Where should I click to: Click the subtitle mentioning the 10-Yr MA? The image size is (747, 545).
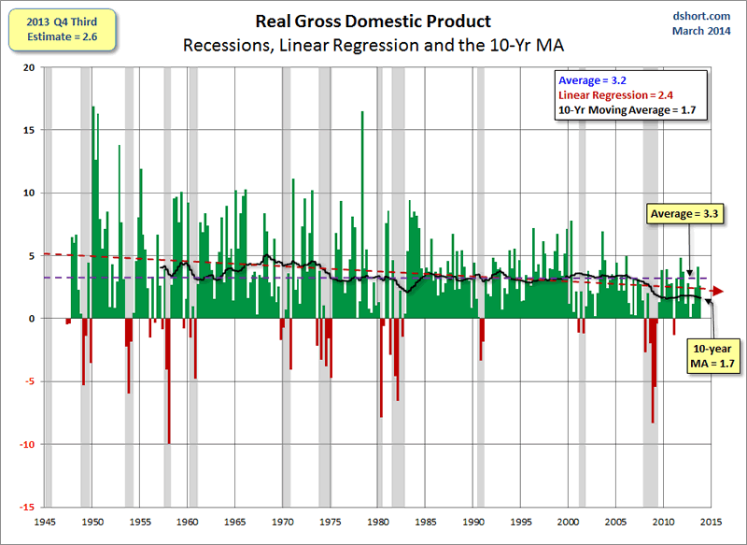373,45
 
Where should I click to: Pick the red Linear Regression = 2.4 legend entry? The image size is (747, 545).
615,95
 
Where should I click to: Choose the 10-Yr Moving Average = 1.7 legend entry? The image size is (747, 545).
627,110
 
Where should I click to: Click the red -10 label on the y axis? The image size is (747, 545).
28,444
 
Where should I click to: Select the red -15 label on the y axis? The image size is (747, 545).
28,507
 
